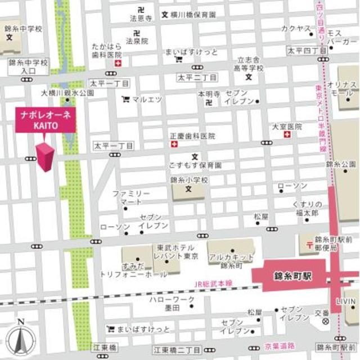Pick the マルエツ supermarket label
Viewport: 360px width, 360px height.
click(147, 100)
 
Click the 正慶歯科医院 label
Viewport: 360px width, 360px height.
click(193, 136)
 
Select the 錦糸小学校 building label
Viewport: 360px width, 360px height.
click(189, 181)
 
